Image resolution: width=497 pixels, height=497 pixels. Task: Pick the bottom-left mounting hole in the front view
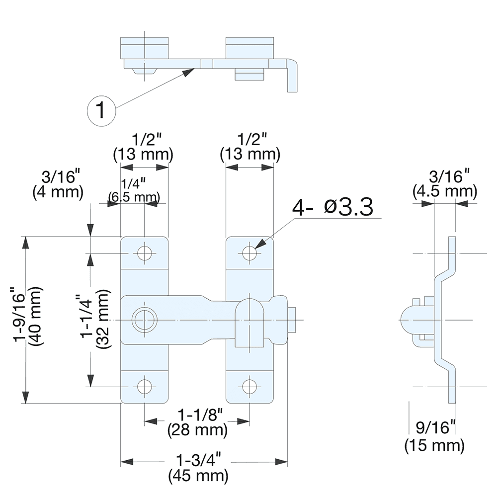pyautogui.click(x=145, y=386)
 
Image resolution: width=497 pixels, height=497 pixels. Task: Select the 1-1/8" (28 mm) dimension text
pyautogui.click(x=198, y=420)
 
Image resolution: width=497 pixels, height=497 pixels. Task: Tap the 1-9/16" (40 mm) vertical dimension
pyautogui.click(x=28, y=318)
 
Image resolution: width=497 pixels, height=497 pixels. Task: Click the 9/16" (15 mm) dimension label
pyautogui.click(x=434, y=436)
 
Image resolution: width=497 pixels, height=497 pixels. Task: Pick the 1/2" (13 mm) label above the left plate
pyautogui.click(x=144, y=146)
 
